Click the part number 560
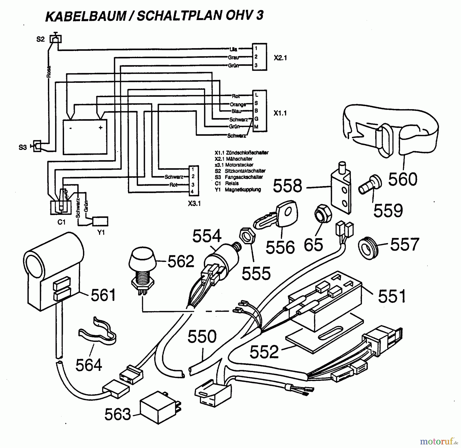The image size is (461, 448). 403,179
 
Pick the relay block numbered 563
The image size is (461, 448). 159,408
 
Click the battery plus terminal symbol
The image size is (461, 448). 100,127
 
